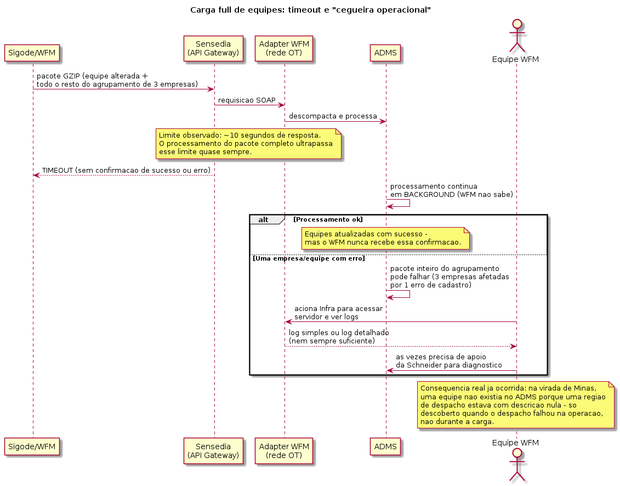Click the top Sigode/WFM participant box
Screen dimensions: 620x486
[x=32, y=53]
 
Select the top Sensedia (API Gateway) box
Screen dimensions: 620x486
[x=213, y=49]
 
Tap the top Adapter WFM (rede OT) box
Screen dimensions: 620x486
[x=284, y=49]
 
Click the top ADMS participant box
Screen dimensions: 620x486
[x=385, y=53]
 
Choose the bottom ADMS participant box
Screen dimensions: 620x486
[x=385, y=447]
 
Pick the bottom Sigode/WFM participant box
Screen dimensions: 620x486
[x=32, y=447]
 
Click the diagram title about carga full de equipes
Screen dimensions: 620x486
[x=310, y=10]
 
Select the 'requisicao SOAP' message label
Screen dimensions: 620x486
[x=247, y=100]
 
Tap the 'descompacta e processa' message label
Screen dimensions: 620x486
[x=333, y=116]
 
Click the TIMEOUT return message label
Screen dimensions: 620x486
[x=126, y=171]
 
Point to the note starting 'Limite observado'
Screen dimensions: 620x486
[x=248, y=144]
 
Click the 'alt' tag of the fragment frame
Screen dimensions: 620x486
[x=263, y=219]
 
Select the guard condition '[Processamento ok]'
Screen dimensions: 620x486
[x=328, y=219]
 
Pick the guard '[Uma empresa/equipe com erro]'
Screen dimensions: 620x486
[x=309, y=258]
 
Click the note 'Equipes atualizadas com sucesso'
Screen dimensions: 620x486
[x=385, y=238]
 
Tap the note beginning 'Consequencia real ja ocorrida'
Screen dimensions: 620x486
[x=516, y=405]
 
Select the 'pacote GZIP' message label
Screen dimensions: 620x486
[x=117, y=80]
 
